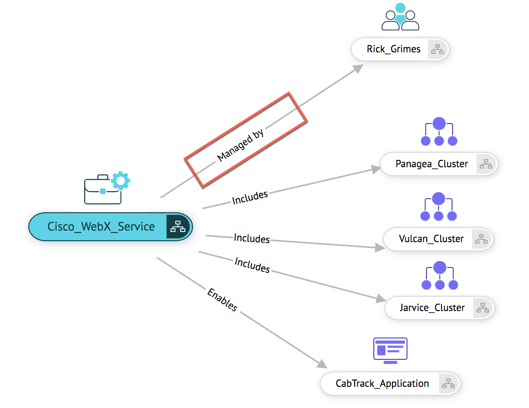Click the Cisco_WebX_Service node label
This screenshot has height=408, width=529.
[101, 227]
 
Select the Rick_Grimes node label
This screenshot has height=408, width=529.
[393, 50]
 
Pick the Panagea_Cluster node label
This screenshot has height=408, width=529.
[431, 164]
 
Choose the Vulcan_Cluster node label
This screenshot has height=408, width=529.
[431, 239]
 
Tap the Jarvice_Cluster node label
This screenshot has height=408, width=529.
[432, 308]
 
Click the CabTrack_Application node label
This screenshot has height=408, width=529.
[382, 384]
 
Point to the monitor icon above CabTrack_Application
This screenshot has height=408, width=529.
[390, 351]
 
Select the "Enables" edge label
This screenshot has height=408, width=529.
[222, 300]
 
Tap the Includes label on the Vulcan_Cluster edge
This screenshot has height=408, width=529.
[252, 238]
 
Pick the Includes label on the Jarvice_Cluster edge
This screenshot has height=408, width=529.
[252, 265]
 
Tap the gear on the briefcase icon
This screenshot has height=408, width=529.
[121, 180]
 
